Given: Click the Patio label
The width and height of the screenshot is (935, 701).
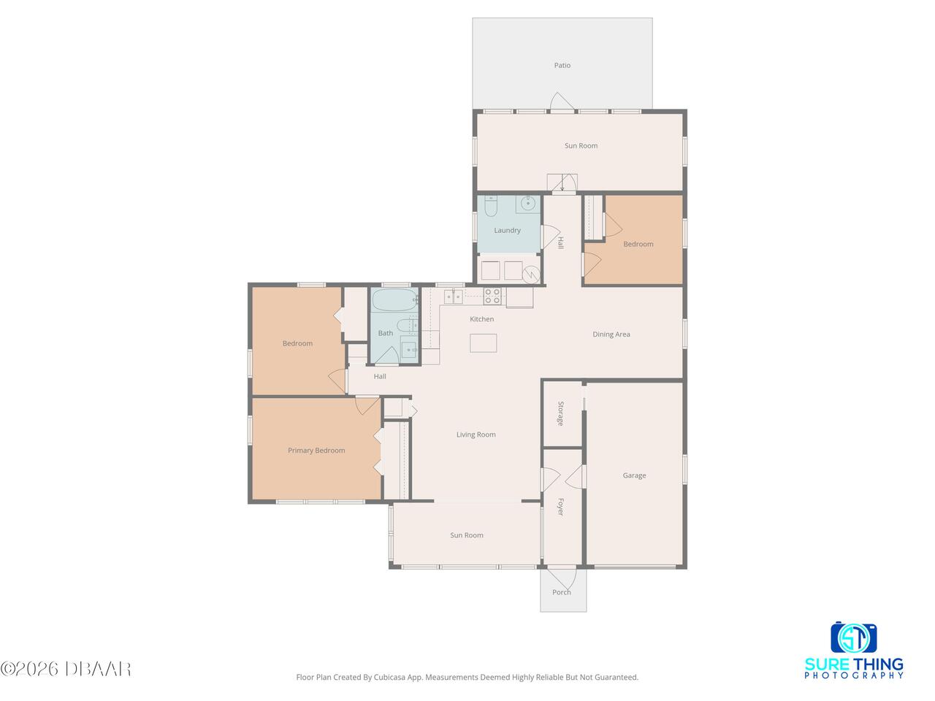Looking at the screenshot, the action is (x=562, y=65).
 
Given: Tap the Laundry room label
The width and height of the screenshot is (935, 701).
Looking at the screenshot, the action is (x=507, y=230).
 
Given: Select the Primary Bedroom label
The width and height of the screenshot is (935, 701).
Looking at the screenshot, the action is (x=316, y=451).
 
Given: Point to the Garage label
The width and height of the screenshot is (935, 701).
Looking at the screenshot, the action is (x=634, y=475).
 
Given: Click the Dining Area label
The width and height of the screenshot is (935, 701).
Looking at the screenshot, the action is (x=611, y=334).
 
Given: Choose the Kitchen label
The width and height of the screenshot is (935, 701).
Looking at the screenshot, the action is (x=481, y=319).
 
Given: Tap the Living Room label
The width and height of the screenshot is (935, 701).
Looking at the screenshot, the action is (x=476, y=434).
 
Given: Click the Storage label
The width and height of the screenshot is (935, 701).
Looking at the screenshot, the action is (x=560, y=413).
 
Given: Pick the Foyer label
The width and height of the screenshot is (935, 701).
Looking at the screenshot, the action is (x=560, y=507).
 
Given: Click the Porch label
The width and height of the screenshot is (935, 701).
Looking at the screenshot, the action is (x=561, y=592).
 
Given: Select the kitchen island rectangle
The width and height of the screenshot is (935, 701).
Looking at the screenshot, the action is (x=483, y=343).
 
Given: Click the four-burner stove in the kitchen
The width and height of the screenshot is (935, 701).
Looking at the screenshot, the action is (x=492, y=296).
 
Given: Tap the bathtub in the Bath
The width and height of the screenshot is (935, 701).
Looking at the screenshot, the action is (x=394, y=301).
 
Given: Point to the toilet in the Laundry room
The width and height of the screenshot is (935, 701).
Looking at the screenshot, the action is (x=491, y=206).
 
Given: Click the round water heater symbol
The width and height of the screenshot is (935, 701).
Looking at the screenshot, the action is (x=531, y=275).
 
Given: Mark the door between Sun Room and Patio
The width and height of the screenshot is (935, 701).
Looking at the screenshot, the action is (x=562, y=102).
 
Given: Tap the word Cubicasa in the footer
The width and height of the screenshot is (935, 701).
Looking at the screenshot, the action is (x=390, y=677).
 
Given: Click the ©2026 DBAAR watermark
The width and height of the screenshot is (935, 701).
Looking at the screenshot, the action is (x=65, y=669).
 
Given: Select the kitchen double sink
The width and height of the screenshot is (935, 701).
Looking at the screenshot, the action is (x=453, y=296).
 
